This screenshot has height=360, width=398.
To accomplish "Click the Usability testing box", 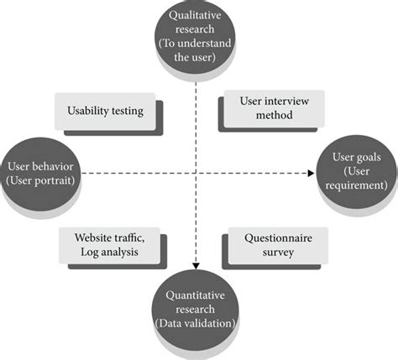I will (105, 111).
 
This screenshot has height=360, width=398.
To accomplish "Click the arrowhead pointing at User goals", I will (315, 174).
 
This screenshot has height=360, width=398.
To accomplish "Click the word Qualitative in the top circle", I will (196, 16).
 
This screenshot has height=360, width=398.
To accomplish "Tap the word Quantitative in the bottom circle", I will (196, 295).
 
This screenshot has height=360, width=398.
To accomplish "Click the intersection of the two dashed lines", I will (196, 174).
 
